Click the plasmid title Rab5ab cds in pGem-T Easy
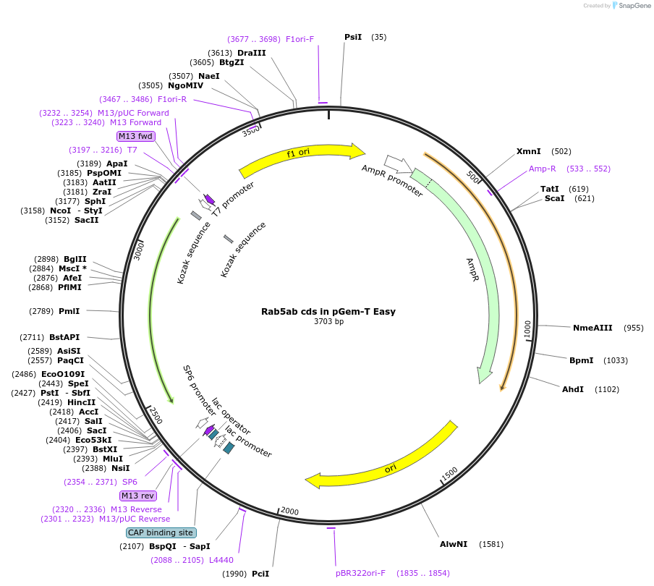pos(328,312)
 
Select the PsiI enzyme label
pos(353,37)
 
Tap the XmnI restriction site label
pos(529,151)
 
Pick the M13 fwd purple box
pos(136,136)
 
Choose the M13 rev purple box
pos(137,496)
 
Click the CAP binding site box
pos(160,532)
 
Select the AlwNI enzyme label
pos(454,544)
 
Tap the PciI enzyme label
pos(260,574)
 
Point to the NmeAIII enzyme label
pos(593,328)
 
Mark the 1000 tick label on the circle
pos(528,328)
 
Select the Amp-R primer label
pos(543,169)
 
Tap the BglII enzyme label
pos(75,259)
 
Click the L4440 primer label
pos(221,560)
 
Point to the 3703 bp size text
pos(328,322)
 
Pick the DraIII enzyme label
pos(251,53)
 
